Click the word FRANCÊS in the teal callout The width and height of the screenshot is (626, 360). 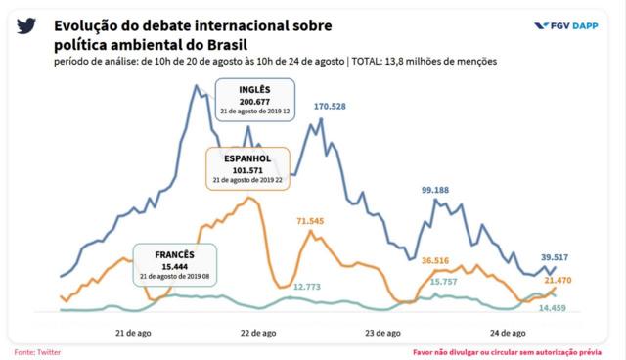point(174,253)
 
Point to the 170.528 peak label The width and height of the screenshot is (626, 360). point(335,106)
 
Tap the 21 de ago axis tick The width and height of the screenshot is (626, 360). point(132,333)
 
